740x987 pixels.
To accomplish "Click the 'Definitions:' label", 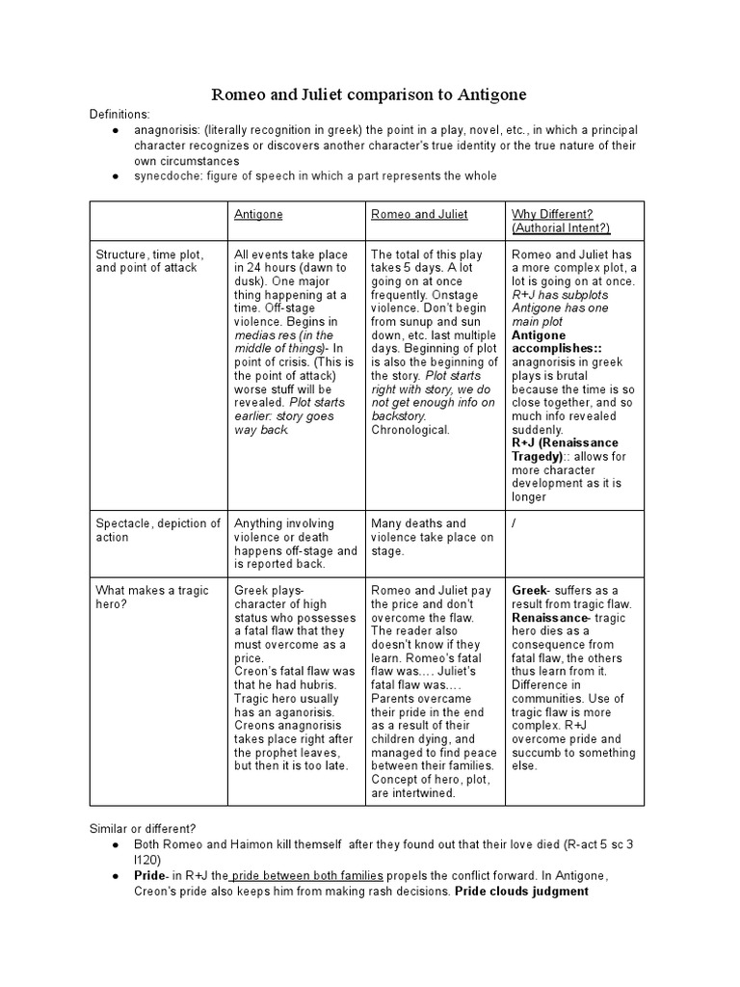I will coord(120,114).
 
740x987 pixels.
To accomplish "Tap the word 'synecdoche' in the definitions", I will coord(169,175).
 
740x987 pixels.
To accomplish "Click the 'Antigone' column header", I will coord(258,214).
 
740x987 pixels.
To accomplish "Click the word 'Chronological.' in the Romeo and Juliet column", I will coord(410,429).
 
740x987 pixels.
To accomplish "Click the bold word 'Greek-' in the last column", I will coord(531,590).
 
